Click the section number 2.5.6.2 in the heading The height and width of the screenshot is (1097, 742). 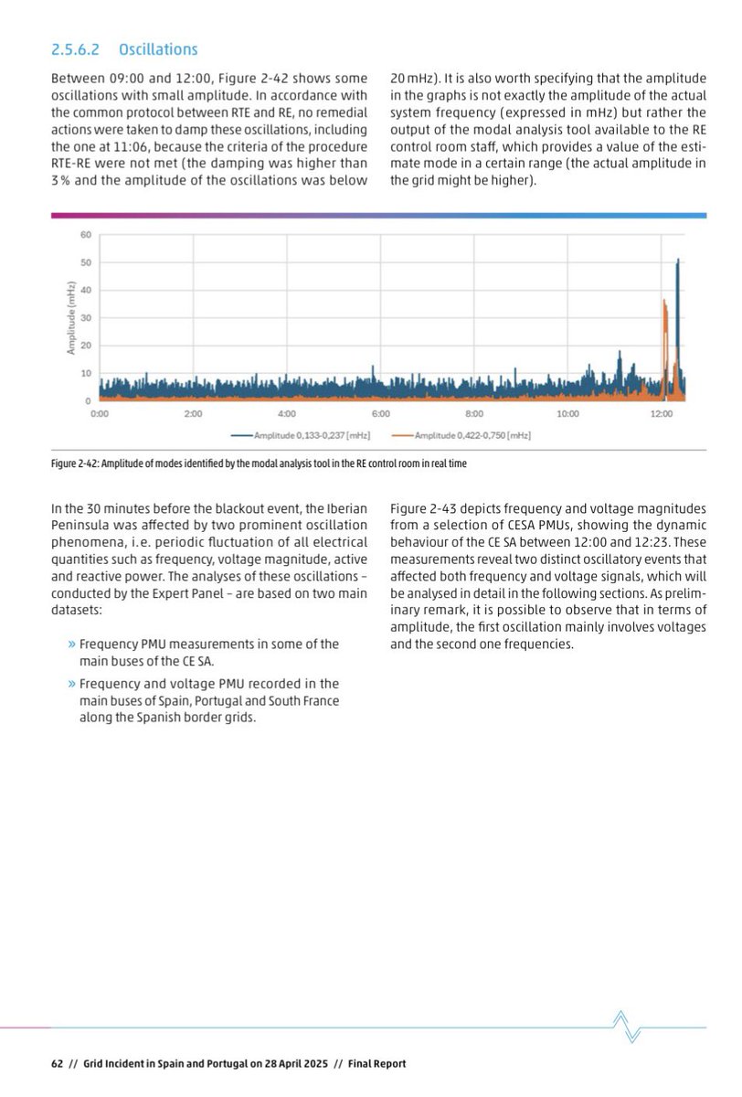77,49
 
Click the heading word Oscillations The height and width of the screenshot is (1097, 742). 157,49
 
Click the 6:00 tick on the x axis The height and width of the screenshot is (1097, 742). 381,414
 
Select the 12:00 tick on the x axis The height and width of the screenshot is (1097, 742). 662,414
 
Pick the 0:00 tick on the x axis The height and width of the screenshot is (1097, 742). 101,414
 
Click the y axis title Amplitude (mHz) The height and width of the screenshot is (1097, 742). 70,317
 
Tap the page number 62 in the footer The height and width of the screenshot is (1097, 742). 56,1063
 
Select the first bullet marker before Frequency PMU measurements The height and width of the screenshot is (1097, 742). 71,644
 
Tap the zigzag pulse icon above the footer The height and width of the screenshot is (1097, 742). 627,1027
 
